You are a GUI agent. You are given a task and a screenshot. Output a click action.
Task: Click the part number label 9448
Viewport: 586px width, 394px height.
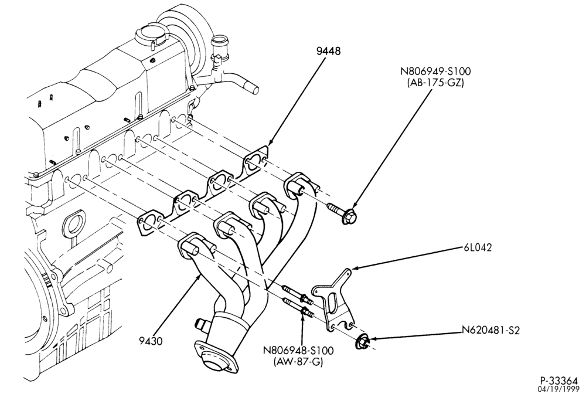pyautogui.click(x=329, y=51)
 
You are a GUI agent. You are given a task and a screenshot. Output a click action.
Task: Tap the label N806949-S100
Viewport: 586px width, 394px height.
pyautogui.click(x=435, y=71)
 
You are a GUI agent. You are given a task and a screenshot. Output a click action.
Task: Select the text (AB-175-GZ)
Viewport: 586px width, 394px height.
pyautogui.click(x=435, y=83)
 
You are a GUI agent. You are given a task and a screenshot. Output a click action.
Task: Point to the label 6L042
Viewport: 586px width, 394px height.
pyautogui.click(x=478, y=247)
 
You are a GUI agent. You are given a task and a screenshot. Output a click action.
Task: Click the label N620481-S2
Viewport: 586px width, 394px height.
pyautogui.click(x=490, y=331)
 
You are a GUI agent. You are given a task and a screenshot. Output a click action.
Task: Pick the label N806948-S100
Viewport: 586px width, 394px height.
pyautogui.click(x=298, y=351)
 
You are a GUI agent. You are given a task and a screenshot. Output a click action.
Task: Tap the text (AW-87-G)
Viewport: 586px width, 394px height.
pyautogui.click(x=298, y=362)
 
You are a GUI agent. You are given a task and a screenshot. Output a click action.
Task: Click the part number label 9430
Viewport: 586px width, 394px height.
pyautogui.click(x=151, y=341)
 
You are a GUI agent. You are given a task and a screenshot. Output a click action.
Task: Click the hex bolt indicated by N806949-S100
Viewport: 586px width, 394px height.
pyautogui.click(x=342, y=212)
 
